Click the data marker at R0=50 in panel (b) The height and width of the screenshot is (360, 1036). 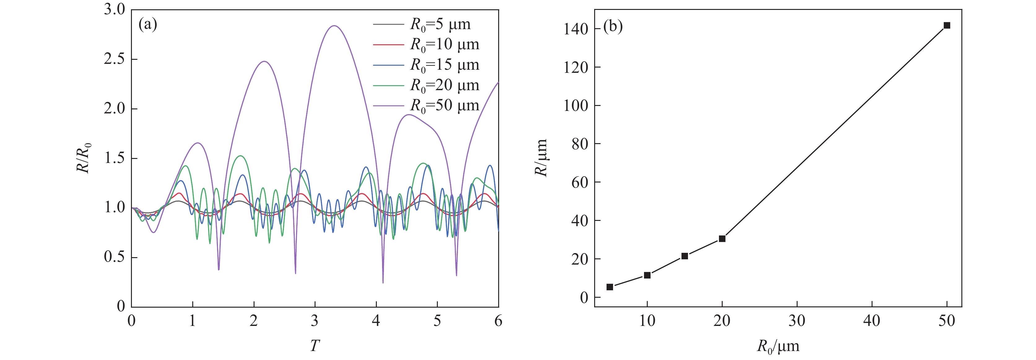point(947,25)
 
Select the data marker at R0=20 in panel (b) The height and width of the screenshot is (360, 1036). point(722,239)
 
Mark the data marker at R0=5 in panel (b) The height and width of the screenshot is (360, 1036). point(610,287)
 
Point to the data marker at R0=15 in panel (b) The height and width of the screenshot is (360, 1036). point(685,256)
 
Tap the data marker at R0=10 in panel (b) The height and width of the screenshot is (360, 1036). point(647,275)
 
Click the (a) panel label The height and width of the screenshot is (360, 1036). point(148,24)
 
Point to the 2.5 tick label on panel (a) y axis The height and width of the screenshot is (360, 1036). point(115,59)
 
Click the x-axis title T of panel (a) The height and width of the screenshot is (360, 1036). point(315,345)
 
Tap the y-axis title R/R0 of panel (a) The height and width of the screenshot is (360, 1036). point(84,158)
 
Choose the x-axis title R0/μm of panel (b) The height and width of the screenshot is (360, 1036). point(778,346)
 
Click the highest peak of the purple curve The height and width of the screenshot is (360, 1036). point(334,26)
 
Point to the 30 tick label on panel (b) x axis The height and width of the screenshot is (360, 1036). point(797,321)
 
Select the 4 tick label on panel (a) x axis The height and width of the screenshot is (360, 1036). point(376,321)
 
